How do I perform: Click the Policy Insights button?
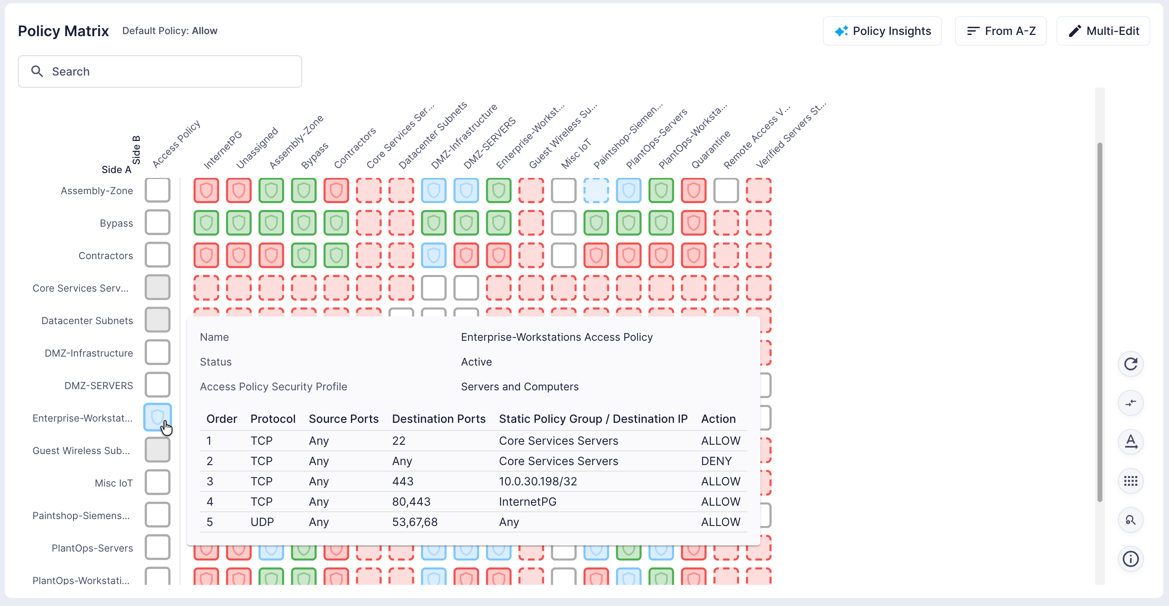[x=882, y=31]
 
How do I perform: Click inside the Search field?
[x=160, y=71]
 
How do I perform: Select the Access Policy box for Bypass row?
[x=158, y=223]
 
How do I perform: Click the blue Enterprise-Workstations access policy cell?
[x=158, y=417]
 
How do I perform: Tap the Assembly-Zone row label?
[x=97, y=190]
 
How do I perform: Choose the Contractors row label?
[x=106, y=255]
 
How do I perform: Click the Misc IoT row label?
[x=113, y=483]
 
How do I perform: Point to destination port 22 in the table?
[x=398, y=440]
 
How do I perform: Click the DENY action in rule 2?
[x=716, y=461]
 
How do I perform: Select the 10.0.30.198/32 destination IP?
[x=538, y=481]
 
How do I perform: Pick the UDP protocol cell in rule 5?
[x=262, y=522]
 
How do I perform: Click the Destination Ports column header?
[x=438, y=418]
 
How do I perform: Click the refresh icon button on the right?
[x=1130, y=364]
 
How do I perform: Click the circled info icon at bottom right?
[x=1130, y=558]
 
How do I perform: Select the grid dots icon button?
[x=1130, y=481]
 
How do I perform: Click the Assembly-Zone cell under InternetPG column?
[x=206, y=190]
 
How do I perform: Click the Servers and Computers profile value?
[x=520, y=386]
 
